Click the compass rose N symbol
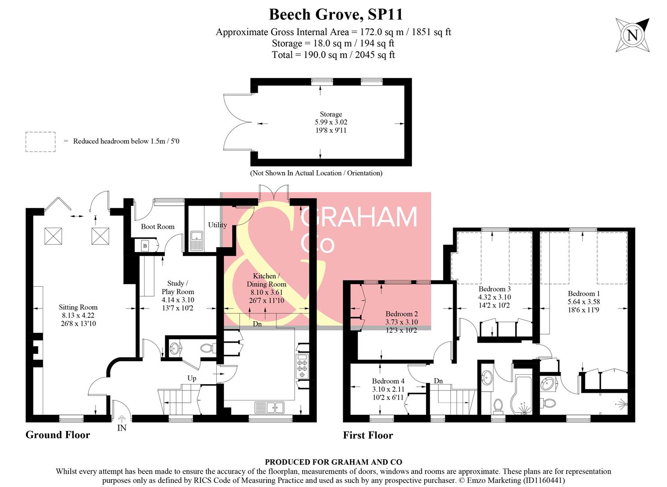coord(632,35)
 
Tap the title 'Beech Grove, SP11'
coord(336,14)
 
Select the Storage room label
coord(331,115)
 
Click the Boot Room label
coord(157,226)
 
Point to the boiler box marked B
coord(145,246)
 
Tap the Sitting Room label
coord(78,308)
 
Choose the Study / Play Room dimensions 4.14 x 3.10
coord(178,300)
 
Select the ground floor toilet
coord(208,349)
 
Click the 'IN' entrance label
coord(122,428)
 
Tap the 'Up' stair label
coord(192,378)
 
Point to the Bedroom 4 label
coord(388,381)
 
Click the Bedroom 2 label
coord(401,314)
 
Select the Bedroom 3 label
coord(494,289)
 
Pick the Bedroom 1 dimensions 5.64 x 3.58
coord(584,302)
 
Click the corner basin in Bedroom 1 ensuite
coord(547,384)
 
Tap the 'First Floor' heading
coord(368,435)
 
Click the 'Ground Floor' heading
coord(58,435)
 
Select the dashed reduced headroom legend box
coord(41,142)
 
